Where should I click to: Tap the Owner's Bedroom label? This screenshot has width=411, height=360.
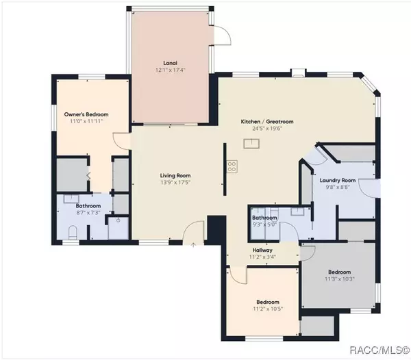(86, 114)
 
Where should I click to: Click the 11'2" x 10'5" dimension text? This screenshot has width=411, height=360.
(267, 309)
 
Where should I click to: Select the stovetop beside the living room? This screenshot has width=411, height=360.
(232, 164)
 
